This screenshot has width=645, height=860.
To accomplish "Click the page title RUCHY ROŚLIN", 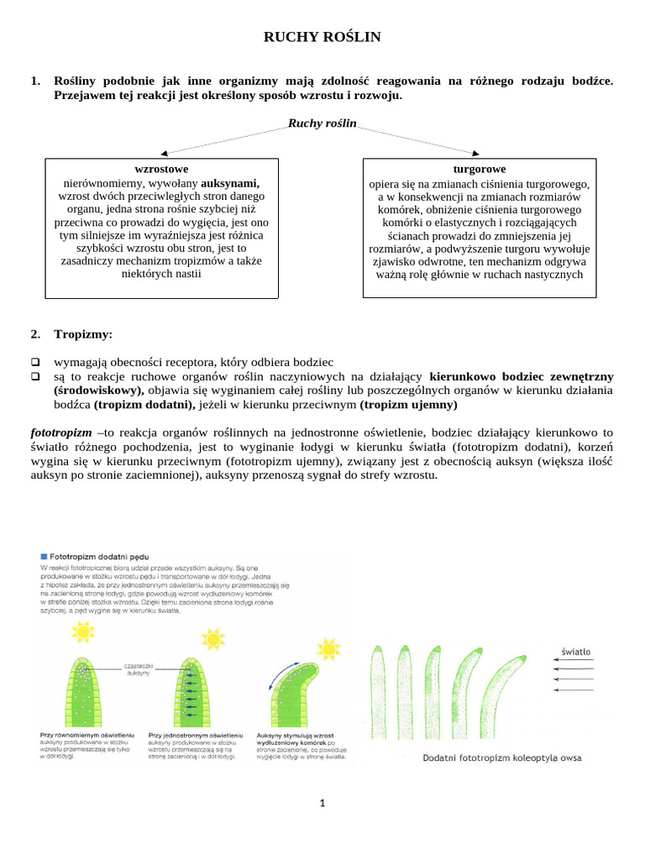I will (x=322, y=37).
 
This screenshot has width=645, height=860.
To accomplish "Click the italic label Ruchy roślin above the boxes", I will (x=322, y=123).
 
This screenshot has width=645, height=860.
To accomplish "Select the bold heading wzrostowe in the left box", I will (x=161, y=169).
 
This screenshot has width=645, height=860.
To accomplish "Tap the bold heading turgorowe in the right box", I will (x=479, y=169).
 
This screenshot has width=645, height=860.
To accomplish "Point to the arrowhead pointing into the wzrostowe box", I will (x=165, y=154).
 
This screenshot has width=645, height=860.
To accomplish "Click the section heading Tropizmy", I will (x=82, y=334).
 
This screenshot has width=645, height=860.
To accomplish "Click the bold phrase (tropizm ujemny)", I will (x=408, y=404).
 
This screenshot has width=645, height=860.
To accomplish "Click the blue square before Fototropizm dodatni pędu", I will (x=45, y=556).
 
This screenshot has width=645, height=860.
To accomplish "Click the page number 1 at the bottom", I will (x=322, y=803).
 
